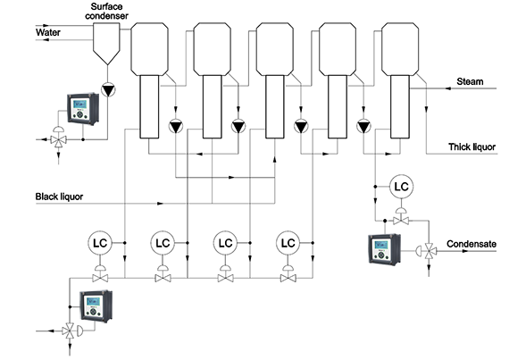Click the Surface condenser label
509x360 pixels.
coord(106,11)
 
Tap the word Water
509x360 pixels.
coord(48,32)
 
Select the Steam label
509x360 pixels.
coord(470,81)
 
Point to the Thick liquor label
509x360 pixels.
coord(472,147)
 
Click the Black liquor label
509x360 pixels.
coord(59,197)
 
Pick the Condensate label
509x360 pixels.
coord(471,244)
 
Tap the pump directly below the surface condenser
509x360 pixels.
coord(108,90)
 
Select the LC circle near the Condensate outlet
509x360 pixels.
coord(401,187)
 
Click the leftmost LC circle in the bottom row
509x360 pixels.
coord(100,243)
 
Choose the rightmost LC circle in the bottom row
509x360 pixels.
coord(288,243)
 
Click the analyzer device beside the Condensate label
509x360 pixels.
coord(384,249)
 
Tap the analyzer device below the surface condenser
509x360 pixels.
coord(83,109)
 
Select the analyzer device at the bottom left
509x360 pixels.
coord(96,306)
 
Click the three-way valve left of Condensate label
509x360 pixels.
coord(431,251)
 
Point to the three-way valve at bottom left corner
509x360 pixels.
coord(70,331)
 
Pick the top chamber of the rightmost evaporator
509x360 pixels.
coord(400,49)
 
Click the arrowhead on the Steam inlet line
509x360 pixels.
coord(448,88)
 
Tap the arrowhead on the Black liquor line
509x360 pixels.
coord(160,204)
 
